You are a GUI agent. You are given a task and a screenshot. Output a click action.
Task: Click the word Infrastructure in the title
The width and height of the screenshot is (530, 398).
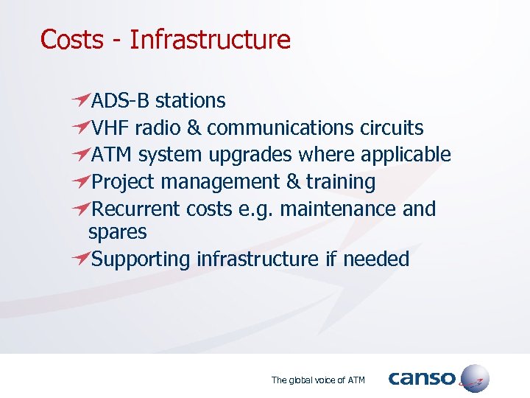coord(210,39)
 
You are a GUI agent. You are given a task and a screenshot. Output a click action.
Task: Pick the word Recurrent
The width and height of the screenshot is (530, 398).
coord(137,209)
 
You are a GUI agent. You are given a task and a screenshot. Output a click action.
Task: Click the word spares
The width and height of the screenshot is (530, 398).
coord(117,233)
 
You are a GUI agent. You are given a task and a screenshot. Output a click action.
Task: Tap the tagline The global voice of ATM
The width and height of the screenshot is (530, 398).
coord(318,380)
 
